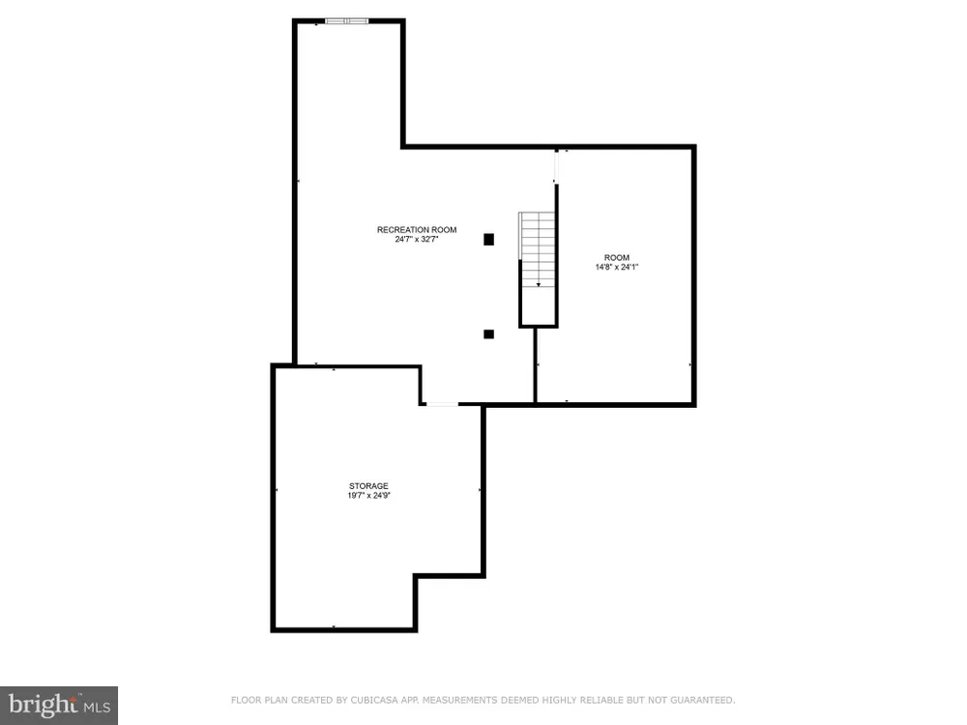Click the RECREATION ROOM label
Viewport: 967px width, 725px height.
click(417, 230)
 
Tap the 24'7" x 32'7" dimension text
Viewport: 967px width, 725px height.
click(417, 239)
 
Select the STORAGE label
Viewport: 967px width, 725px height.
click(368, 486)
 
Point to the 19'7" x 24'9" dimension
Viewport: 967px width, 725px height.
click(368, 495)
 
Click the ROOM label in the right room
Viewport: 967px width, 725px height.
click(617, 258)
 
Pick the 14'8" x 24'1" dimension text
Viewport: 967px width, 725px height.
click(617, 267)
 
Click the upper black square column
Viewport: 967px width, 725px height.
click(488, 239)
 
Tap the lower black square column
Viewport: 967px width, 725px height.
click(488, 334)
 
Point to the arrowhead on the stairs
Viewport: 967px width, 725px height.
click(539, 285)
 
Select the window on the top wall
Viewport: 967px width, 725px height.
click(346, 21)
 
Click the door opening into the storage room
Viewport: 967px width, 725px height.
click(442, 404)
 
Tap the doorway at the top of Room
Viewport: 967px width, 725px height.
click(556, 166)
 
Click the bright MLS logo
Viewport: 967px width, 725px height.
click(59, 706)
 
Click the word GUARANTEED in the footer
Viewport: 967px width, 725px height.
click(703, 700)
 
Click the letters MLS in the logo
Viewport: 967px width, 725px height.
click(98, 707)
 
